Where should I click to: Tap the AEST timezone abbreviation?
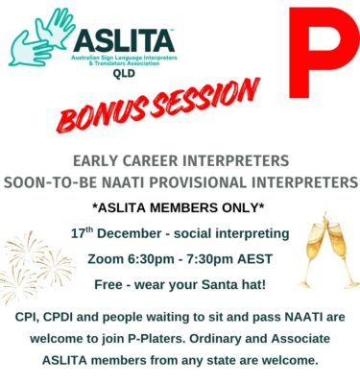tap(279, 260)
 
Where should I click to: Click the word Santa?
tap(230, 285)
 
